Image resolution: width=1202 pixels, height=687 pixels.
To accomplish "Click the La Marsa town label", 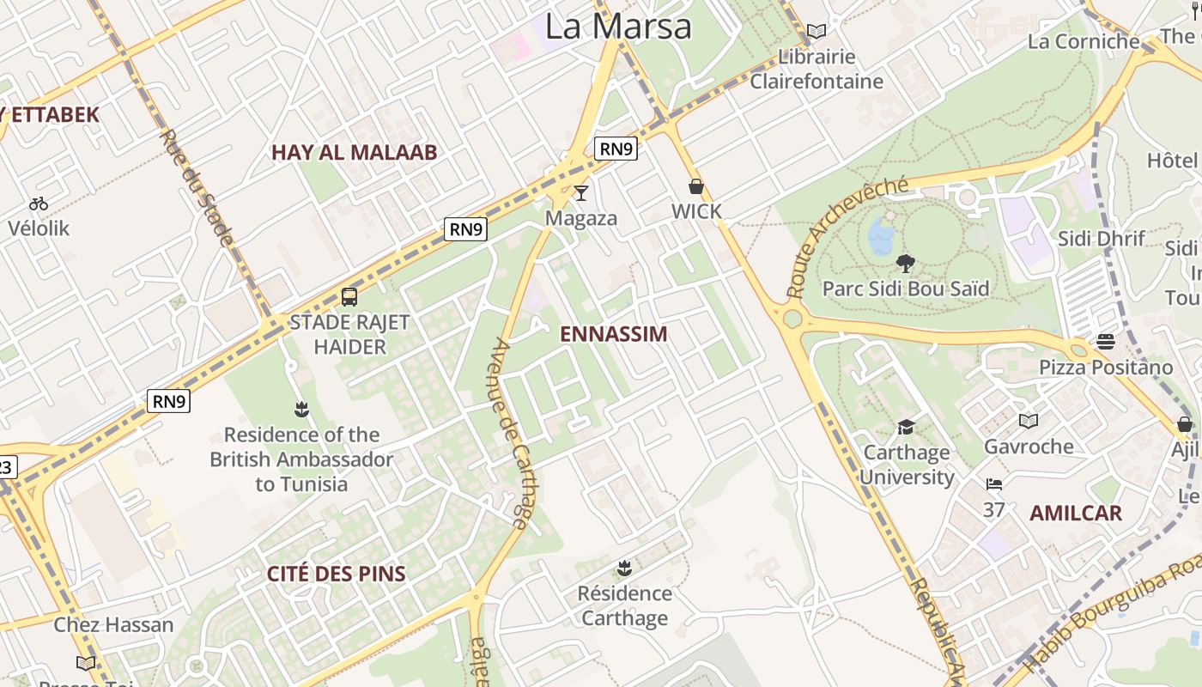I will coord(618,27).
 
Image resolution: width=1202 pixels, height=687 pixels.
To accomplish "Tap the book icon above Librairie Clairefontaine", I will coord(817,32).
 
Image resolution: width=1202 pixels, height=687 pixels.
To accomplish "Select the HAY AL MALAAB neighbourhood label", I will coord(355,153).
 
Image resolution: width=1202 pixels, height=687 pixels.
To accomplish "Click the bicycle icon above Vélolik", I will coord(39,204).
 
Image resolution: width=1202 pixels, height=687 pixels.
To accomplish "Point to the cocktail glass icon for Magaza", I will coord(581,193).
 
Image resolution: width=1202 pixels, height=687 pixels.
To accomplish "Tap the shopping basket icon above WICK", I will coord(696,186).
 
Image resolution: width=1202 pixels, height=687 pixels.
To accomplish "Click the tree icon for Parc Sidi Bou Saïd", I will coord(905,263).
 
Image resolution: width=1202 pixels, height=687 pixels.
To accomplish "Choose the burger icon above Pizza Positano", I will coord(1105,343).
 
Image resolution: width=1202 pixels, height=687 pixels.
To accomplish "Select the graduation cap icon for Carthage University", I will coord(906,427).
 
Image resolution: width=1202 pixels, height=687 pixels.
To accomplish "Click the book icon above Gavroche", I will coord(1028,421).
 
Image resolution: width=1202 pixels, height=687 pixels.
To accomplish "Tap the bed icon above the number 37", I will coord(994,484).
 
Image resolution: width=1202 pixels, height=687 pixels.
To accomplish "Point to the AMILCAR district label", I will coord(1075,514).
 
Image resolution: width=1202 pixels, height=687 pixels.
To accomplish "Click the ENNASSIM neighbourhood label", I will coord(613,335).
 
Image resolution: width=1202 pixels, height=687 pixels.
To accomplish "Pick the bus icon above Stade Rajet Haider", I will coord(349,297).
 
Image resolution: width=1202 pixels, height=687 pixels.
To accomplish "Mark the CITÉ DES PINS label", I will coord(336,575).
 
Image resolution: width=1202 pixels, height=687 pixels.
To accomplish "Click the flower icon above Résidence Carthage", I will coord(624,568).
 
